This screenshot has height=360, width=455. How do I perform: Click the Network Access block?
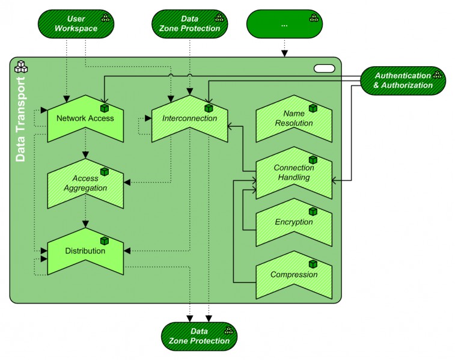coord(85,118)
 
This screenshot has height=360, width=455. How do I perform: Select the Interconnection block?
coord(189,118)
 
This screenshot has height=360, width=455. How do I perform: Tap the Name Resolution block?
coord(294,118)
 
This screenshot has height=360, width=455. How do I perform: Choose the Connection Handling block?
coord(294,172)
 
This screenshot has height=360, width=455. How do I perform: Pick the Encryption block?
coord(294,222)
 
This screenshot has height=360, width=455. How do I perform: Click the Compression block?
coord(294,275)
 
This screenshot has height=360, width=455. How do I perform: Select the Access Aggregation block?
coord(85,183)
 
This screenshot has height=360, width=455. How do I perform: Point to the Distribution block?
coord(85,251)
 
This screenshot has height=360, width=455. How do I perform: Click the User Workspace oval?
coord(76,24)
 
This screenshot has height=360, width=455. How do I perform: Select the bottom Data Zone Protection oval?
coord(199,336)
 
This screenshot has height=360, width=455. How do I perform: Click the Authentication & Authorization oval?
coord(403,81)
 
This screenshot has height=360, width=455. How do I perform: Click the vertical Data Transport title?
coord(20,120)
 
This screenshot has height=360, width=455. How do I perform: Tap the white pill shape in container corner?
coord(325,69)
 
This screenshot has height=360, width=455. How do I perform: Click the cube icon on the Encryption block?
coord(313,212)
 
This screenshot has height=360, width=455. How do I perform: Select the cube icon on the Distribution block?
coord(104,240)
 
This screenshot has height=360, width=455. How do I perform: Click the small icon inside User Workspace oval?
coord(105,19)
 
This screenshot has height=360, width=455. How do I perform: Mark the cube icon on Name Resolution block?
coord(313,108)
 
